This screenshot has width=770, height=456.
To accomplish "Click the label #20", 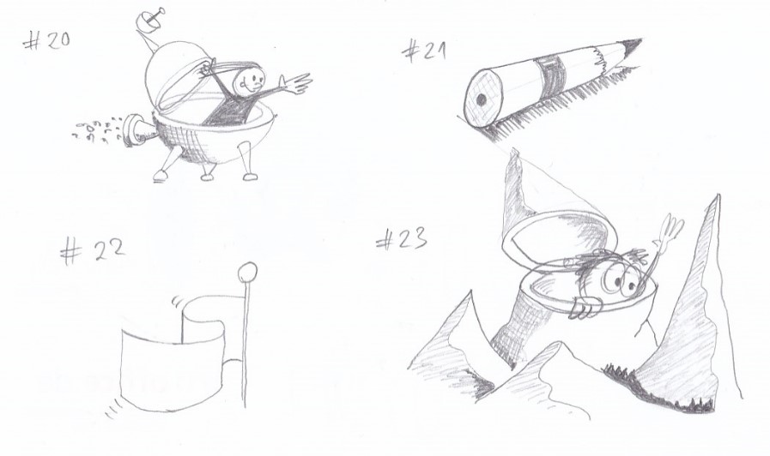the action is (x=46, y=40).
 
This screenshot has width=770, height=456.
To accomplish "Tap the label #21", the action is (x=424, y=51).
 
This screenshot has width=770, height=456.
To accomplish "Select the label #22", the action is (x=93, y=251).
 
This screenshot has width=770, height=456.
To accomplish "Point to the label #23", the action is (x=401, y=239).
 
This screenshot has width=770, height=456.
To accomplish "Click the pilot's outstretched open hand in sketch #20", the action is (x=295, y=83).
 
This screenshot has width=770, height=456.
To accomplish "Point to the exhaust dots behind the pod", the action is (x=96, y=130).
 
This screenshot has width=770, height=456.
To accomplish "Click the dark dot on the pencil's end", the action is (x=482, y=99).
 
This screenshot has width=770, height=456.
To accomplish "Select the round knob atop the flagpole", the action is (x=247, y=272).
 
